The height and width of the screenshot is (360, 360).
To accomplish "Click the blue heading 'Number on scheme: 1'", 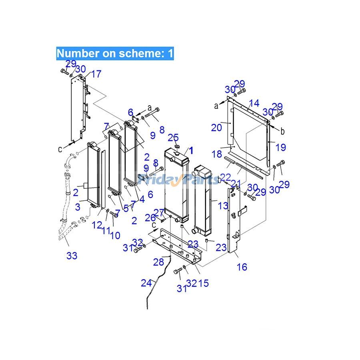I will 115,54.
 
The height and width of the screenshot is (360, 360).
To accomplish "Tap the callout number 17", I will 96,74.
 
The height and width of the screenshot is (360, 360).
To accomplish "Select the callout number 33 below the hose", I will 72,256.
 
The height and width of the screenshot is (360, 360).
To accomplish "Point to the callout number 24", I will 146,283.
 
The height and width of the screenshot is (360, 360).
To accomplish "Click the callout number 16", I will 242,267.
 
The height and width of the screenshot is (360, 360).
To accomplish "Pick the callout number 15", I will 204,283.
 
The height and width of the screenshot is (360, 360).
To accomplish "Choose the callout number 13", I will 223,206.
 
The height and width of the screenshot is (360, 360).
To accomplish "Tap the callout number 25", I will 173,138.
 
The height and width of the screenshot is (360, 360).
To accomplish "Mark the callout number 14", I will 254,103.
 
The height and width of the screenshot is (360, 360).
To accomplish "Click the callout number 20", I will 216,128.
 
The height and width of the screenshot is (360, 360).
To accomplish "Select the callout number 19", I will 281,147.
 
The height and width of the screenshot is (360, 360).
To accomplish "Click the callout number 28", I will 158,262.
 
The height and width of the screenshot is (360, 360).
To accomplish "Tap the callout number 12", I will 96,225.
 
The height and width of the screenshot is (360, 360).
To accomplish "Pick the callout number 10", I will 115,236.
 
